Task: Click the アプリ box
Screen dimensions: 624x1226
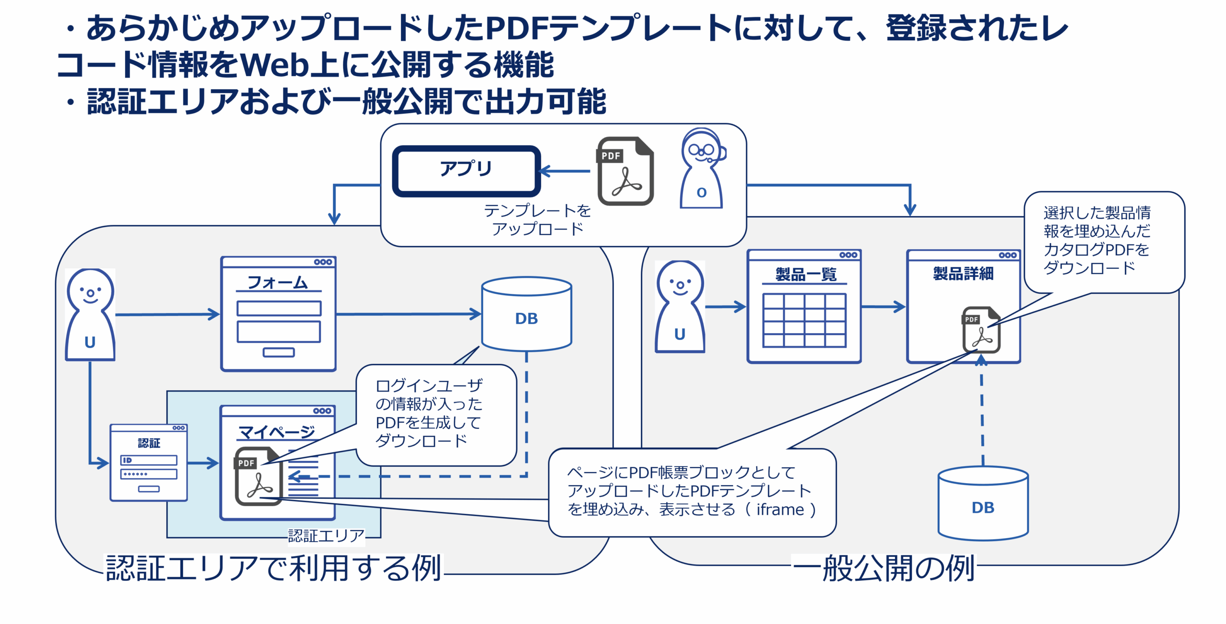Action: (466, 171)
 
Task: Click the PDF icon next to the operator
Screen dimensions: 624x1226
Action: (625, 171)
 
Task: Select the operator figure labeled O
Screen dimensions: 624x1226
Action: (702, 169)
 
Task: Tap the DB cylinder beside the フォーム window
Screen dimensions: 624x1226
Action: (526, 314)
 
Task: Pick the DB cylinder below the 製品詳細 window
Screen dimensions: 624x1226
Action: (983, 504)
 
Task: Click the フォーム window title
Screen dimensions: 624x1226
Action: (278, 282)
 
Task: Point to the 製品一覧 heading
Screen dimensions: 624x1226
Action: (806, 275)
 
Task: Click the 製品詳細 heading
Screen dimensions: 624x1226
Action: (963, 274)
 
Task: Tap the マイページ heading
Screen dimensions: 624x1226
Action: (277, 432)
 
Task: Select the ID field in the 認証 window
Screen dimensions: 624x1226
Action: (148, 460)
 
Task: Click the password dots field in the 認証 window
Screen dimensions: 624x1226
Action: (148, 474)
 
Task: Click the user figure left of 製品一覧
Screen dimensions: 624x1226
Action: (680, 307)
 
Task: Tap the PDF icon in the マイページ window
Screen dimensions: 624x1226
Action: (258, 476)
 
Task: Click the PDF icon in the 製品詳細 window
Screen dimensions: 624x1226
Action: (981, 330)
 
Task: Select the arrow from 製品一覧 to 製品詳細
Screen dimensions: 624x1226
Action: (883, 307)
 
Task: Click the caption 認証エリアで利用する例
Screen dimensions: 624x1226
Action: (273, 568)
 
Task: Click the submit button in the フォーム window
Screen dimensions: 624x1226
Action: (279, 353)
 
